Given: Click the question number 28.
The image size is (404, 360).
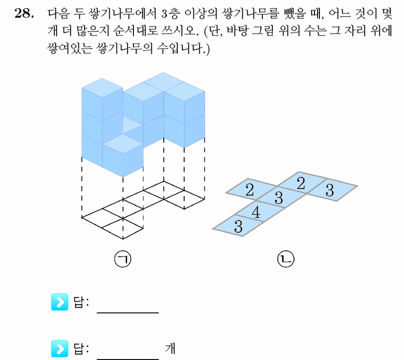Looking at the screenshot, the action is [x=24, y=13].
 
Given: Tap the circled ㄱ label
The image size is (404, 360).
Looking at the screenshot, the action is [x=122, y=259].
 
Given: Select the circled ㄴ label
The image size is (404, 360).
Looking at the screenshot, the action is [x=286, y=259].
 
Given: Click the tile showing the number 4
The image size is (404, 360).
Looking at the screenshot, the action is [x=260, y=211].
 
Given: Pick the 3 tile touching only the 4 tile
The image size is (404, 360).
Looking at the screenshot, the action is [x=238, y=226].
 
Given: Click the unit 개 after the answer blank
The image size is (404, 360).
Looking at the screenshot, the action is [x=170, y=349].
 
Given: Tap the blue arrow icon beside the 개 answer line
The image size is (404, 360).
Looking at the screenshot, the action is [x=59, y=349].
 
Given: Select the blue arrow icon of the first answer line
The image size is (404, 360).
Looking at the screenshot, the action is [x=59, y=302].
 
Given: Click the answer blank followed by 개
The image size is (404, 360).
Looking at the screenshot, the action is [x=128, y=359].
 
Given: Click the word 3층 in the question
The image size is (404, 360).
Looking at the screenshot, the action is [x=170, y=13].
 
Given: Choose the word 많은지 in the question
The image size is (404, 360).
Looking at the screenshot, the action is [x=93, y=31].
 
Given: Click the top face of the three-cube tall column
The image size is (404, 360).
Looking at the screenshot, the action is [x=102, y=88].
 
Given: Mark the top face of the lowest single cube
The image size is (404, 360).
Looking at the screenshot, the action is [x=123, y=144].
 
